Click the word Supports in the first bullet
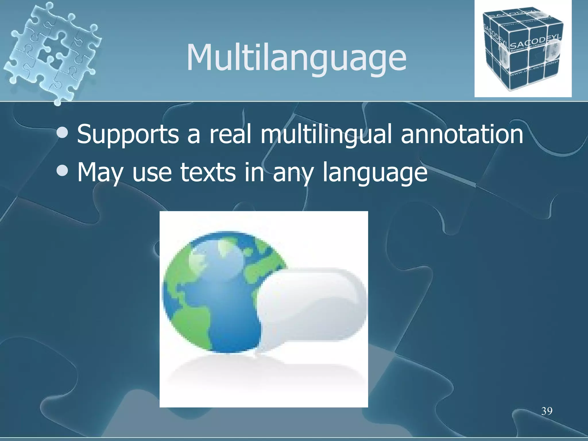(128, 134)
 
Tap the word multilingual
(326, 134)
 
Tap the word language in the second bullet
(375, 172)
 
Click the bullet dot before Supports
(63, 132)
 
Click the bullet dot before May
(63, 171)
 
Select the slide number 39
(547, 411)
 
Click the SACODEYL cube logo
(523, 49)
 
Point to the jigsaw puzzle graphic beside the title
(52, 52)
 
